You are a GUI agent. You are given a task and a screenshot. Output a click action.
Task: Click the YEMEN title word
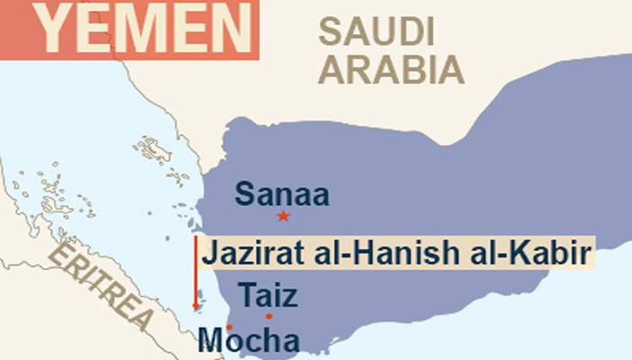click(144, 29)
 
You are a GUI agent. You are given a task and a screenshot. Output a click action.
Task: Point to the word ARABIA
click(393, 68)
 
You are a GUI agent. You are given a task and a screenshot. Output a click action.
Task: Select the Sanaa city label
click(283, 194)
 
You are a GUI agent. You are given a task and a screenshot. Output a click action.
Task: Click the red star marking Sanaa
click(284, 216)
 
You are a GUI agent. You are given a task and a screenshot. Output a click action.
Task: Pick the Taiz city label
click(267, 295)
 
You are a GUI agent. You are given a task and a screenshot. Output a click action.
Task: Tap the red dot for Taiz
click(268, 316)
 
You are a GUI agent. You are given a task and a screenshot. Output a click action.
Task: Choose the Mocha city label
click(248, 341)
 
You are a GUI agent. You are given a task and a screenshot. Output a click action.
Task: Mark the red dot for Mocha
click(230, 327)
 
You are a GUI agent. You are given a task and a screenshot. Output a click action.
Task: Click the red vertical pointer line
click(195, 270)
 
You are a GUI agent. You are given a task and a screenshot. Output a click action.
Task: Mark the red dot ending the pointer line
click(195, 307)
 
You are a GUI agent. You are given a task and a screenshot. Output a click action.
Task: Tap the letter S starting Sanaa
click(244, 194)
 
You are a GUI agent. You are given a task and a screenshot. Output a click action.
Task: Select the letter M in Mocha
click(211, 341)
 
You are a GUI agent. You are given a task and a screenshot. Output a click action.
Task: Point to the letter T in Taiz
click(246, 295)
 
